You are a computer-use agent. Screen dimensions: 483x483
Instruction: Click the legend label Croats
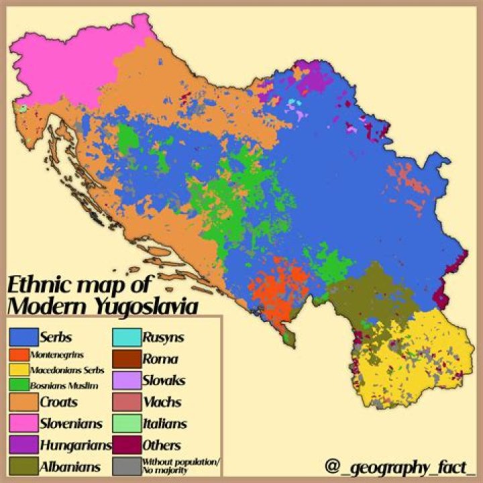tap(58, 402)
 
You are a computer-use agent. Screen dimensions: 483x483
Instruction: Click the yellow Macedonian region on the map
tap(416, 356)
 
